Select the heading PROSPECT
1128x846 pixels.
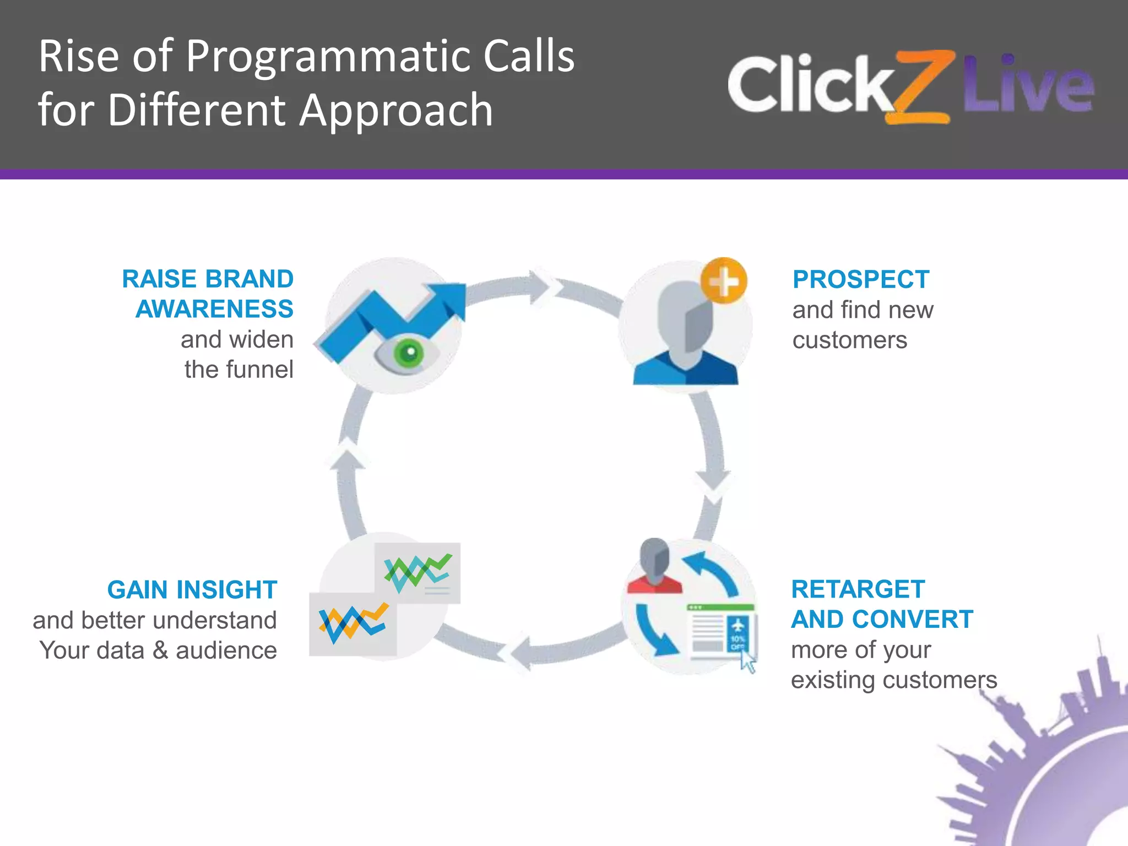861,280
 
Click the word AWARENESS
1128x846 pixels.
214,309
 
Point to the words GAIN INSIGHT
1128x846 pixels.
192,590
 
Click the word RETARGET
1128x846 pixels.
858,589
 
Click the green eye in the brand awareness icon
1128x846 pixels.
408,353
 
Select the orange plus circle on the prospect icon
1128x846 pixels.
724,281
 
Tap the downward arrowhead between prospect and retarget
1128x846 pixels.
714,481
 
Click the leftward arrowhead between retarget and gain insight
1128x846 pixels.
520,653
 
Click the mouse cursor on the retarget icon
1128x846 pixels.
747,661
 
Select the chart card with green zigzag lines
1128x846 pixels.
417,573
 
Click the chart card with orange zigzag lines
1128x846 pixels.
352,625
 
